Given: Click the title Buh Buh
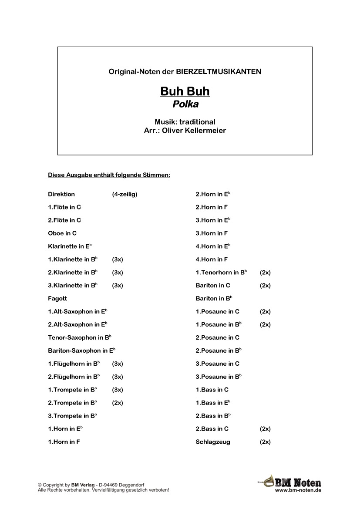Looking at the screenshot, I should (185, 91).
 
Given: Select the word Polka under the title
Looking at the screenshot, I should (185, 104).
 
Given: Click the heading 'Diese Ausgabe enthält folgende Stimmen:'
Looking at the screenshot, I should (109, 175).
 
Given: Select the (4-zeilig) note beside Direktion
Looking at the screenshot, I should (124, 194).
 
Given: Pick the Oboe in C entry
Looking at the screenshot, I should (62, 233).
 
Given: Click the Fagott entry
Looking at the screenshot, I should (57, 299).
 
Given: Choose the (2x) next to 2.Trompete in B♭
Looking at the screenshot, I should (118, 403).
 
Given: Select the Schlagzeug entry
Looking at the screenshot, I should (213, 442).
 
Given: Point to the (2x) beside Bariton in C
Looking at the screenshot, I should (265, 286).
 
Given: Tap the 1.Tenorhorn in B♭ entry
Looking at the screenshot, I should (221, 273).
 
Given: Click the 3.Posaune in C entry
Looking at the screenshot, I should (217, 364).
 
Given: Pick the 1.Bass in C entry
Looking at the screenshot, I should (212, 390).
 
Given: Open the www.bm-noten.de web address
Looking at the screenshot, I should (298, 490).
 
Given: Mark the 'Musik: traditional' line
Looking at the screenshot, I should (185, 122).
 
